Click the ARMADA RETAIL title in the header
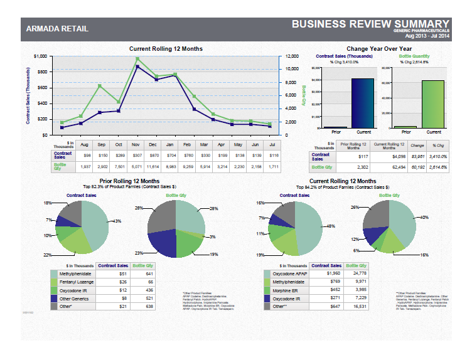click(57, 29)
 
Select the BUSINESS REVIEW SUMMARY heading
click(370, 24)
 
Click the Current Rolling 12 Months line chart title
click(166, 48)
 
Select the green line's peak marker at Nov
click(137, 59)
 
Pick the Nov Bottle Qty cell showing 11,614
click(137, 167)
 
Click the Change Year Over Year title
click(378, 48)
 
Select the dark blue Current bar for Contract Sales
click(362, 103)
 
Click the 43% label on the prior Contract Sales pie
click(117, 221)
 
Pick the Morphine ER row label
click(285, 290)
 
